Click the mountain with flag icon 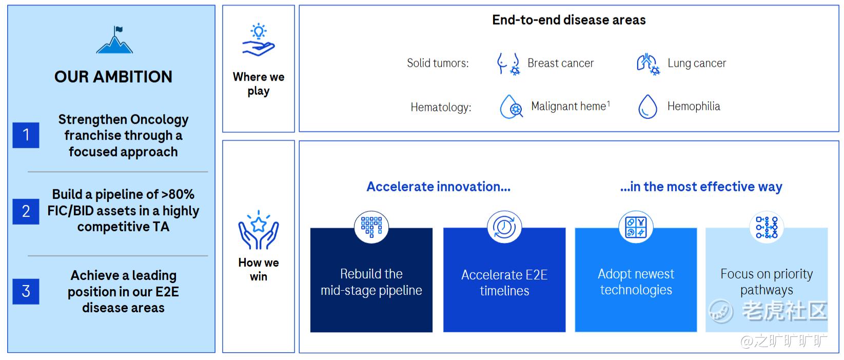pyautogui.click(x=114, y=40)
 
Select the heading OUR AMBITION pyautogui.click(x=113, y=77)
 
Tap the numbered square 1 pyautogui.click(x=26, y=135)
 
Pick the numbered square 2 pyautogui.click(x=26, y=211)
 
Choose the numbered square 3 pyautogui.click(x=26, y=291)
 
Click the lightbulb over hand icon pyautogui.click(x=259, y=40)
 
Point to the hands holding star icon pyautogui.click(x=259, y=230)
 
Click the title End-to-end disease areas pyautogui.click(x=569, y=20)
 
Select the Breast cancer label pyautogui.click(x=561, y=63)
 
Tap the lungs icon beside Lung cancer pyautogui.click(x=648, y=64)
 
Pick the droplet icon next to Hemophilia pyautogui.click(x=647, y=107)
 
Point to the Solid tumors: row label pyautogui.click(x=438, y=63)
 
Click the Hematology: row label pyautogui.click(x=441, y=107)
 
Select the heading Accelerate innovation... pyautogui.click(x=439, y=187)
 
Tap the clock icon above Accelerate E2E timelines pyautogui.click(x=504, y=227)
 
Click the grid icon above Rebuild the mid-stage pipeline pyautogui.click(x=371, y=227)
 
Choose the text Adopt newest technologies pyautogui.click(x=636, y=282)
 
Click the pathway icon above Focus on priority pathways pyautogui.click(x=767, y=227)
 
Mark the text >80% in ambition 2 pyautogui.click(x=178, y=194)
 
